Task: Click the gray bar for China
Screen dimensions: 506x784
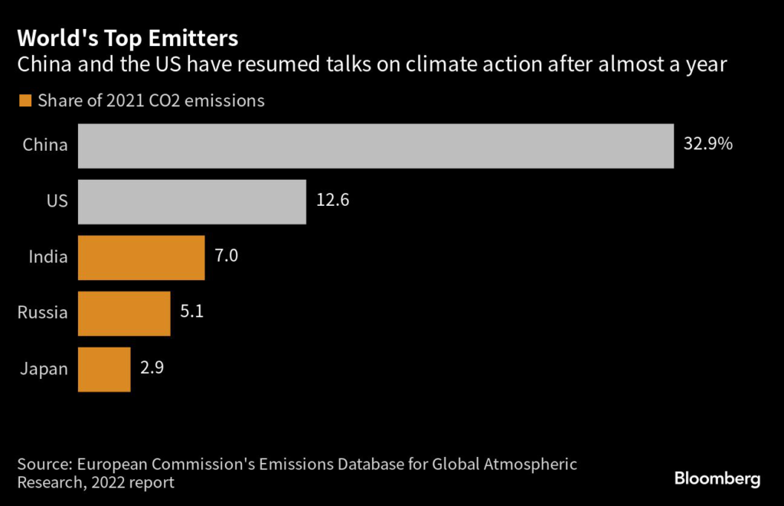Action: point(375,146)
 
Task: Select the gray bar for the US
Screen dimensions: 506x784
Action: point(191,202)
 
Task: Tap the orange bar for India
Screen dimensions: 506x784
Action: point(141,258)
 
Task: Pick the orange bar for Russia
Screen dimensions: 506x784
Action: point(124,314)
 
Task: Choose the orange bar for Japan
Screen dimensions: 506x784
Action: point(104,370)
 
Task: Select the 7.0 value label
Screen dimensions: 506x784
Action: point(227,256)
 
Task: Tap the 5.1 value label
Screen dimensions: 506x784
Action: point(191,312)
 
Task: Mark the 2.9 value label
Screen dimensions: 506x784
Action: point(152,367)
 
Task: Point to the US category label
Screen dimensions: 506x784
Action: point(57,201)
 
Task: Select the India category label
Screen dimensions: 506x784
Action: point(48,256)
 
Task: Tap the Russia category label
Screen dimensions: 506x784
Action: point(43,312)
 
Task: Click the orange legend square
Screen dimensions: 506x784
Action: point(25,101)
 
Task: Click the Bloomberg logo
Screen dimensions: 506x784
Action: point(717,480)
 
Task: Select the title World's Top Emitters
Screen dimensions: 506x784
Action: point(128,38)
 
